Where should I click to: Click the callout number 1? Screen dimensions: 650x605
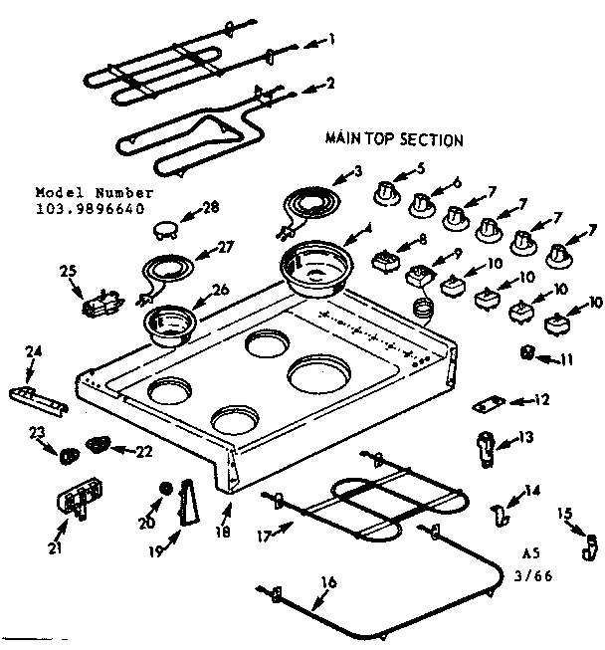(x=333, y=41)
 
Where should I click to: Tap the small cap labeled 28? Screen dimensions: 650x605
(x=166, y=231)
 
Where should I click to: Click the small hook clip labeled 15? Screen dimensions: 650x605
(x=590, y=544)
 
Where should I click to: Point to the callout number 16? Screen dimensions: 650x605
(x=329, y=582)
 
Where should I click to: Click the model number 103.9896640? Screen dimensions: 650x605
(x=90, y=209)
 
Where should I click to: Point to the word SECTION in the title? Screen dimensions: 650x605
(x=432, y=140)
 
